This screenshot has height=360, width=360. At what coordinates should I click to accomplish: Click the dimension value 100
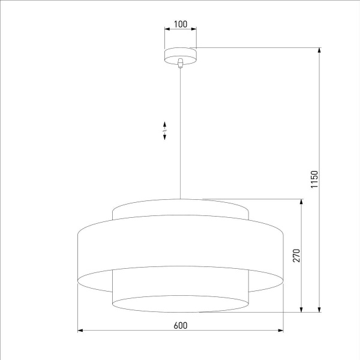[x=181, y=25]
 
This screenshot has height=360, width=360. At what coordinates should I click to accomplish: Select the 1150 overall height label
[x=314, y=180]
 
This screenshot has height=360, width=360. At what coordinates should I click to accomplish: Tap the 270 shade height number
[x=296, y=256]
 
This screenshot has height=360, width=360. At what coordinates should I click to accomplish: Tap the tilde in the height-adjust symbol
[x=164, y=130]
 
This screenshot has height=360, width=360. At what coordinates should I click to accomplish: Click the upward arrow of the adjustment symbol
[x=164, y=123]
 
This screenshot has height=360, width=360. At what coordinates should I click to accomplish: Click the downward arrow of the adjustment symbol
[x=164, y=137]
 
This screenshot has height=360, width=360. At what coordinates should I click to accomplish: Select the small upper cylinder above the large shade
[x=180, y=210]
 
